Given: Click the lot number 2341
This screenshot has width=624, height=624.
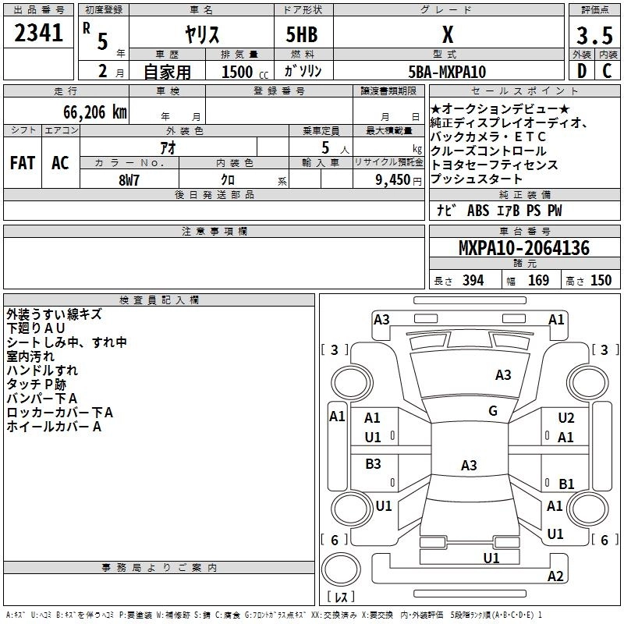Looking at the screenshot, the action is point(38,33).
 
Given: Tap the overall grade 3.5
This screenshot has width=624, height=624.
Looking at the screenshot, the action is point(594,35).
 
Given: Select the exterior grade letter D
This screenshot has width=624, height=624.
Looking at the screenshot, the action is point(582,71).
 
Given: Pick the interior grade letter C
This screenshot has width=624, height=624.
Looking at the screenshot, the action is point(607,71).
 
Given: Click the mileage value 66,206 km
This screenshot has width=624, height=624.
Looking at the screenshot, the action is point(95,112).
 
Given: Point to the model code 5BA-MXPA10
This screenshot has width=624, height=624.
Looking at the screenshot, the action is point(447,72).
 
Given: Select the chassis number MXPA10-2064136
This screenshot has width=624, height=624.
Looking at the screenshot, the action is point(524,248).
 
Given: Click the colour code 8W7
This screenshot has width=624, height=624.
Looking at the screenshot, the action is point(129,180).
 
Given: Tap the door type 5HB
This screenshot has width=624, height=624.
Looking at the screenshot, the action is point(302,34).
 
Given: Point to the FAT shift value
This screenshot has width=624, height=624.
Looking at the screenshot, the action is point(23,163).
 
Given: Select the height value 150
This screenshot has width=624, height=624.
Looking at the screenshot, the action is point(601,280).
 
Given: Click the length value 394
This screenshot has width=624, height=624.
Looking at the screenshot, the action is point(473,280).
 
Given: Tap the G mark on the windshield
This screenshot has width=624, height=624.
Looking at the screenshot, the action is point(493,411).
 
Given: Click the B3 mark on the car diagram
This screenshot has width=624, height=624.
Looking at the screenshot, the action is point(373,463).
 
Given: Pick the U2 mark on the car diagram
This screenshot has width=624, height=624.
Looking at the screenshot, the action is point(566,418).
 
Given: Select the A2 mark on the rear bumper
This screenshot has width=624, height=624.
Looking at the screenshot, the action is point(555,576).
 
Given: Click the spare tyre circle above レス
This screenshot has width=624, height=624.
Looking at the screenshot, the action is point(341,569).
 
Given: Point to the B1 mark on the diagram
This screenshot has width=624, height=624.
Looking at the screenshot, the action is point(566,484).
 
